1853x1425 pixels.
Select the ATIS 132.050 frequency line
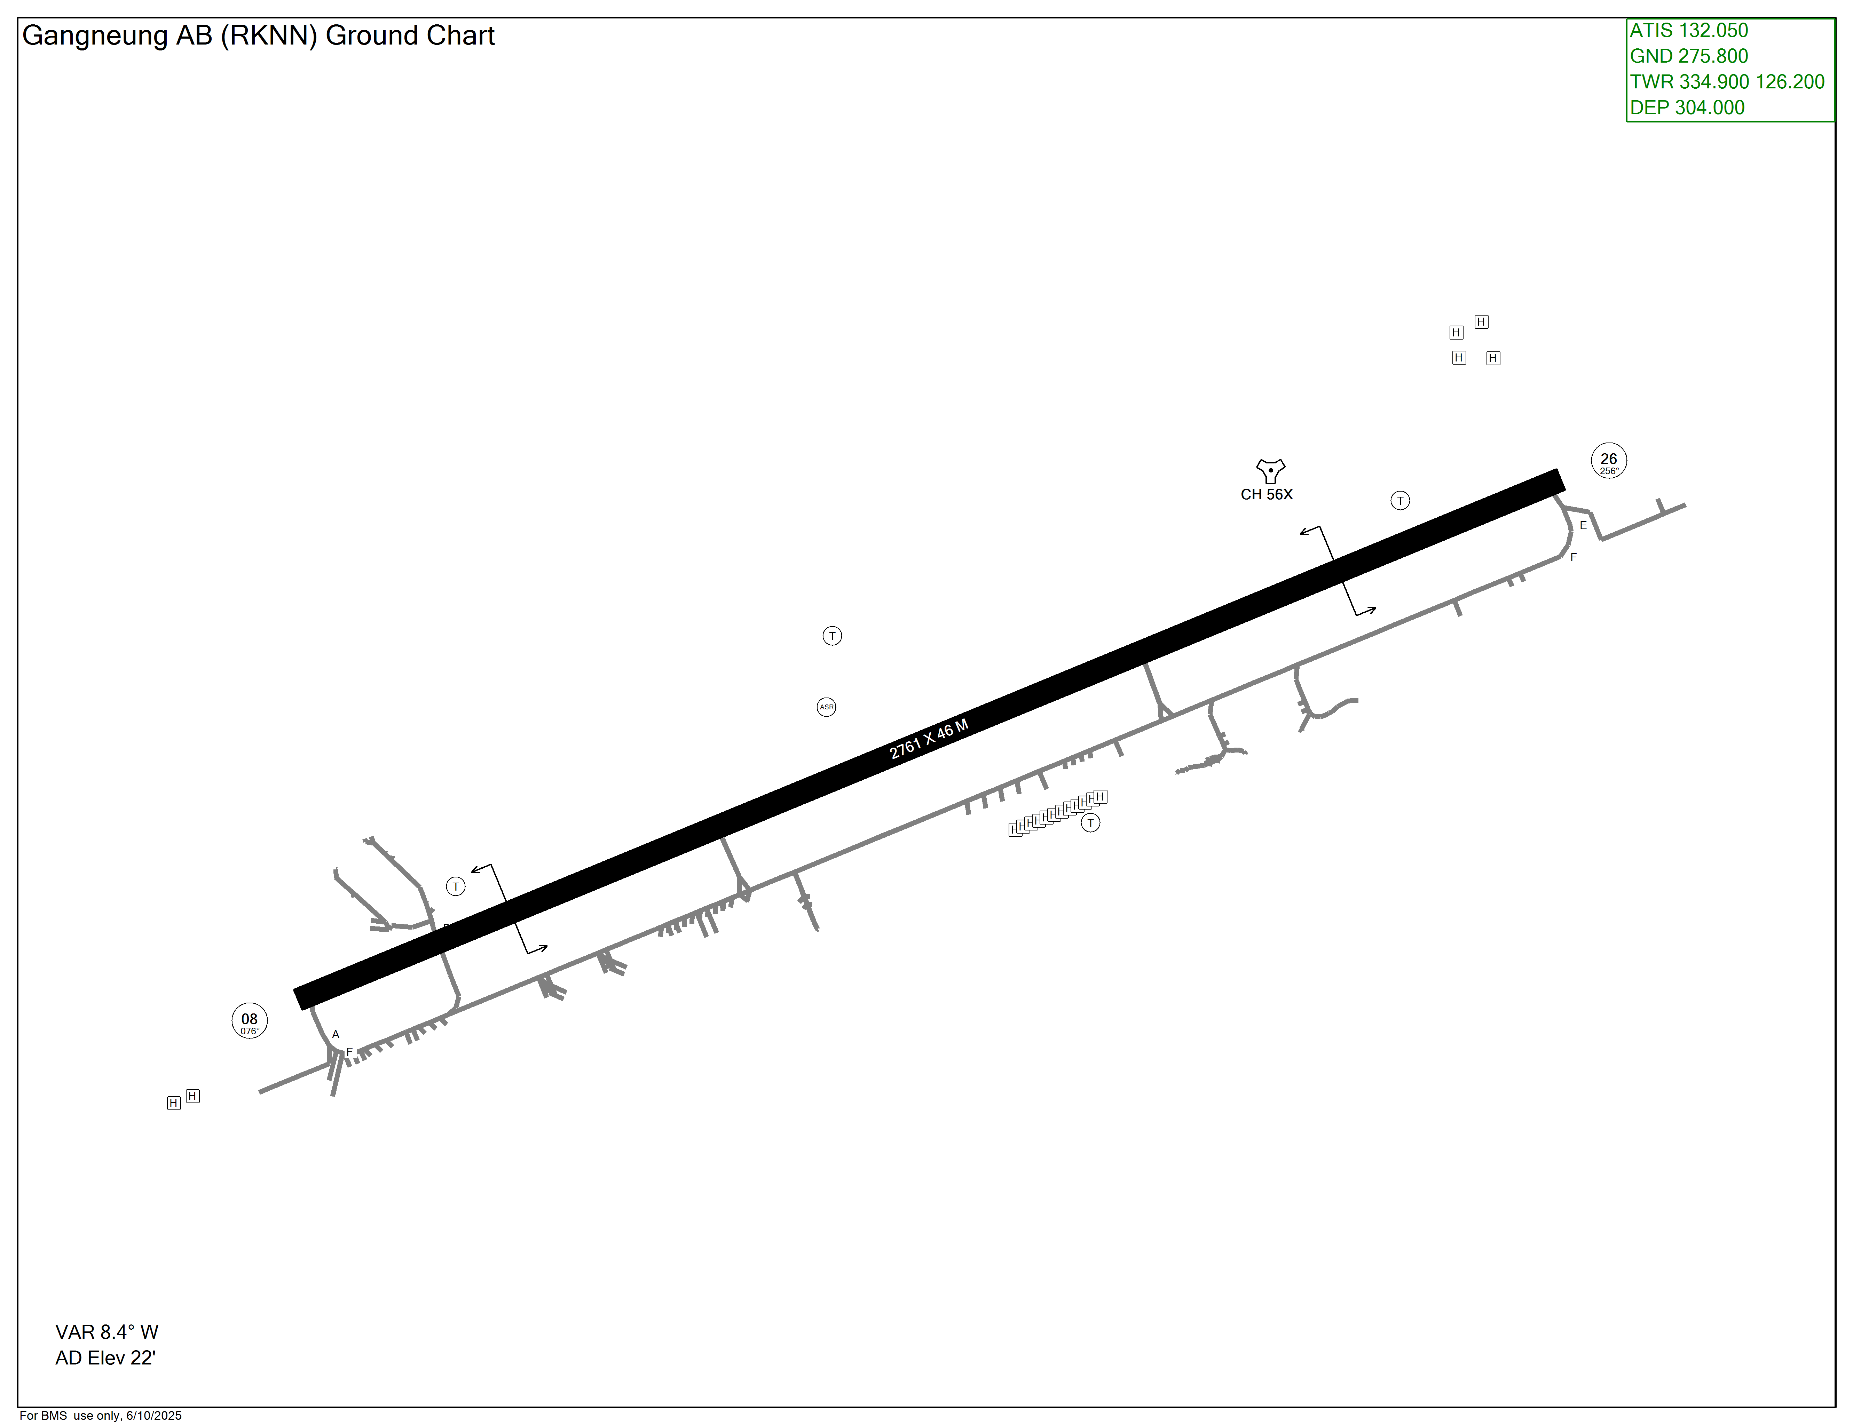[1688, 31]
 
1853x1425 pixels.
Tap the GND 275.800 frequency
[1688, 56]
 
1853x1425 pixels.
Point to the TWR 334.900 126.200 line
[1727, 81]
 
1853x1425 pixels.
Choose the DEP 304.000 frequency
[1687, 108]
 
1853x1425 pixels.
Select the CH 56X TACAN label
[1266, 494]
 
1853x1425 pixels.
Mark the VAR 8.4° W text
[107, 1332]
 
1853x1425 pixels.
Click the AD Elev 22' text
[105, 1358]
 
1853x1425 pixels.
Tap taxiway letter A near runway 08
[336, 1034]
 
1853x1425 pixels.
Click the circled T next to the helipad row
[1090, 823]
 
